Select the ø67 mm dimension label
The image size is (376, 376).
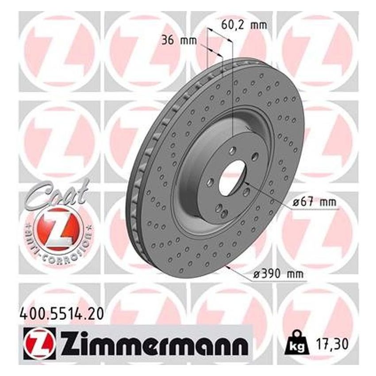click(x=314, y=203)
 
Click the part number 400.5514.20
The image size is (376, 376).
click(x=62, y=315)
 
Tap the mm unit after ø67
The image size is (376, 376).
click(x=327, y=203)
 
